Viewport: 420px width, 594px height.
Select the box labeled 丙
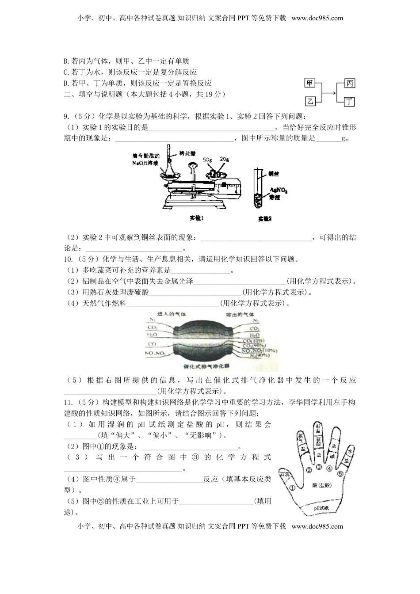(349, 84)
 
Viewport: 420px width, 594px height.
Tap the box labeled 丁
(349, 102)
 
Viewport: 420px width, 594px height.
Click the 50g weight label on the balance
(208, 160)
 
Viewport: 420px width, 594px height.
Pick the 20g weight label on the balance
(225, 160)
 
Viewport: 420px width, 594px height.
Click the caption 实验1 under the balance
(196, 218)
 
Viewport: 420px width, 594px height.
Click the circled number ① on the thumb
(292, 488)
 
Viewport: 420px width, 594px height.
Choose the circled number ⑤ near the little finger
(340, 474)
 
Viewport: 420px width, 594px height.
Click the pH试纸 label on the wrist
(321, 508)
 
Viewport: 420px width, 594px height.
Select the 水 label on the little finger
(350, 451)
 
